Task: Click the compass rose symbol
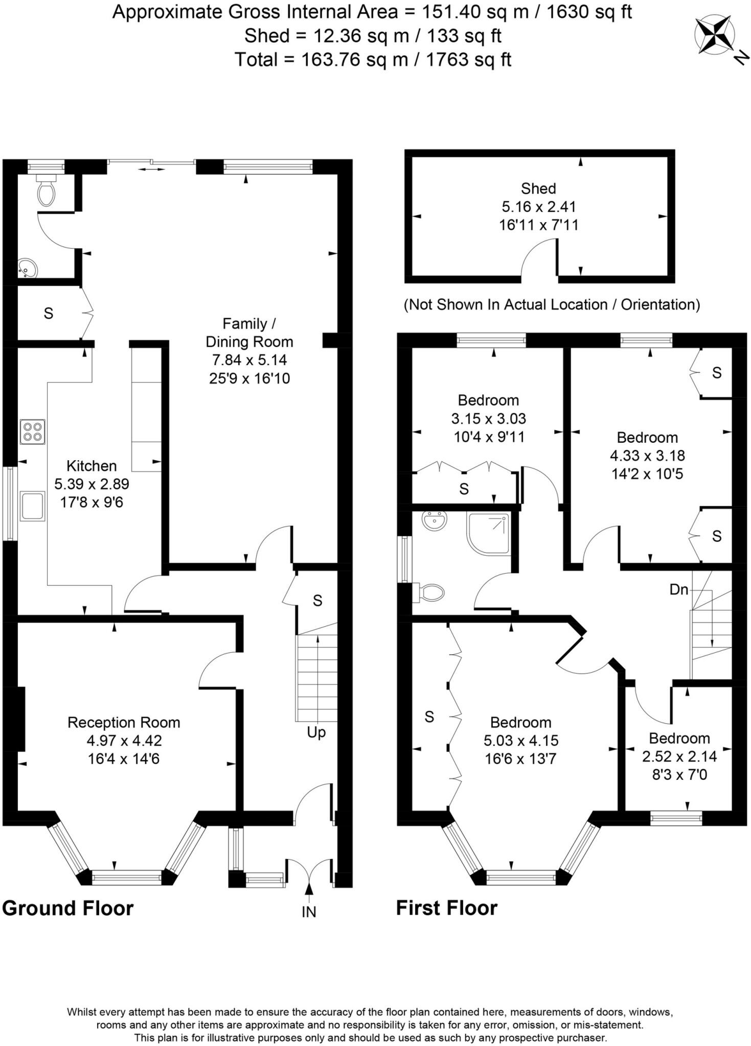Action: pos(714,35)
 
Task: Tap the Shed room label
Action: pos(538,188)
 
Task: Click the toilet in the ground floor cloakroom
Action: pos(46,192)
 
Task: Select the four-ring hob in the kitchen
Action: pos(32,432)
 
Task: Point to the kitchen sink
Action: pos(32,506)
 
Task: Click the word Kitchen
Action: pos(92,466)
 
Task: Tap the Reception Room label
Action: pos(124,722)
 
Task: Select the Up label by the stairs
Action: pos(316,732)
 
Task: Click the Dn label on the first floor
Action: pos(678,589)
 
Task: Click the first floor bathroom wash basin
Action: pos(435,521)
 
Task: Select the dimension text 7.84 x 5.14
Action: pos(249,360)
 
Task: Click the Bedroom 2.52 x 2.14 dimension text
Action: pos(679,756)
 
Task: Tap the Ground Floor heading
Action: pos(67,908)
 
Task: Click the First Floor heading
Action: pos(446,908)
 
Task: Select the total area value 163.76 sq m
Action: pos(354,60)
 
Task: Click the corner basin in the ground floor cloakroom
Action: pos(27,268)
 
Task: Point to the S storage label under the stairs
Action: pos(317,601)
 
